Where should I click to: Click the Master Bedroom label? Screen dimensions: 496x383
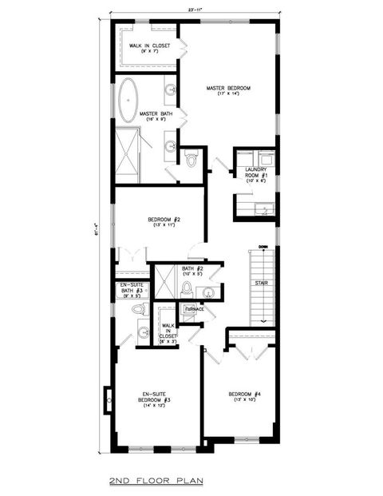[x=229, y=88]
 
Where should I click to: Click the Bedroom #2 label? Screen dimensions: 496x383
[x=164, y=220]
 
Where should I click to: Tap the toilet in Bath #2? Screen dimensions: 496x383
[x=186, y=288]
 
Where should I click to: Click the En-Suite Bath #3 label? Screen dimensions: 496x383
[x=130, y=288]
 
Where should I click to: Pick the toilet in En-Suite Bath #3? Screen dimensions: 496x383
[x=136, y=308]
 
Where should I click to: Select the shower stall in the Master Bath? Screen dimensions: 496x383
[x=130, y=147]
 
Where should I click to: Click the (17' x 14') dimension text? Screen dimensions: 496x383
[x=229, y=95]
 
